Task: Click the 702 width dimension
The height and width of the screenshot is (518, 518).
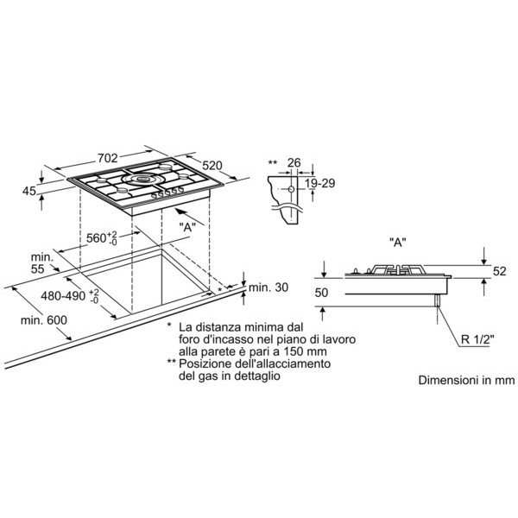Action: tap(108, 158)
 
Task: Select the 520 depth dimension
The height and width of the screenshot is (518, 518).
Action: tap(212, 165)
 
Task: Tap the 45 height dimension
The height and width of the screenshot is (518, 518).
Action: tap(28, 191)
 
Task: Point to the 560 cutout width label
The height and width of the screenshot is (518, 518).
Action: tap(102, 238)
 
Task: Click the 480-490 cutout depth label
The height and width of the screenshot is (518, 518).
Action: tap(70, 295)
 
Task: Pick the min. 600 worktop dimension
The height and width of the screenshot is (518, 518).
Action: tap(44, 319)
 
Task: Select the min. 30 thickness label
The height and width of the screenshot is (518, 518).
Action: tap(268, 287)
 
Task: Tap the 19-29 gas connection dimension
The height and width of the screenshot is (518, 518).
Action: tap(319, 183)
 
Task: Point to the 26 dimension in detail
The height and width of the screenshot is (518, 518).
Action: tap(294, 162)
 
